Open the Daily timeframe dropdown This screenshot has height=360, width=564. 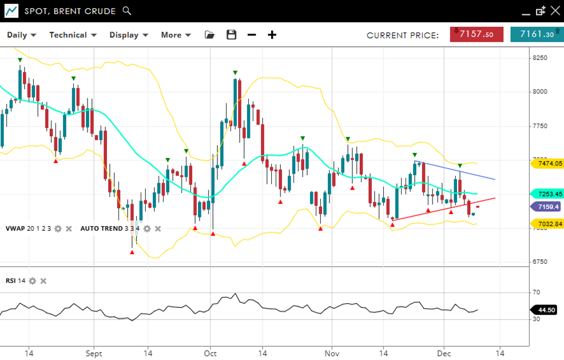coord(21,35)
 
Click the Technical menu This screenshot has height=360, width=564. coord(73,35)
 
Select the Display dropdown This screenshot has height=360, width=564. coord(129,35)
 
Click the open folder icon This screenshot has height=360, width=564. coord(209,35)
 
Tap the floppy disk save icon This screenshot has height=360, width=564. coord(231,35)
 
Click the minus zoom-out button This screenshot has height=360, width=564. coord(252,35)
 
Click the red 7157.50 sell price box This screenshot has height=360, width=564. coord(477,34)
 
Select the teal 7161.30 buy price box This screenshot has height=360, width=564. coord(536,34)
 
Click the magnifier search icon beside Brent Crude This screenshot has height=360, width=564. coord(127,11)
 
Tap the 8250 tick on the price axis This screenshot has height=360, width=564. coord(540,58)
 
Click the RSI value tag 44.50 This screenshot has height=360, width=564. coord(547,310)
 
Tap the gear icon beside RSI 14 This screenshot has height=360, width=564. coord(33,281)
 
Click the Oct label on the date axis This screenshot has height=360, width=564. coord(210,353)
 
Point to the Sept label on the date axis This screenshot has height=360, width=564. coord(94,353)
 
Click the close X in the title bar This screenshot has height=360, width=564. coord(554,11)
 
